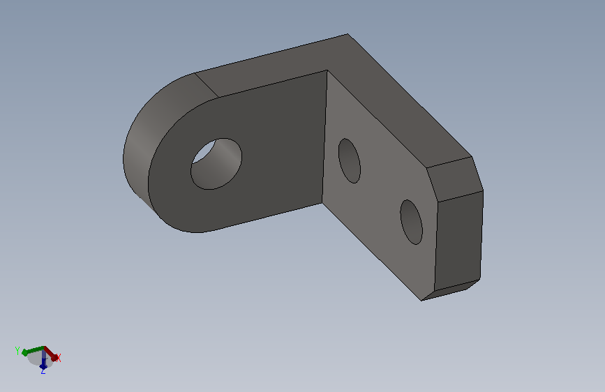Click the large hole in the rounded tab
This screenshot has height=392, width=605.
coord(216,164)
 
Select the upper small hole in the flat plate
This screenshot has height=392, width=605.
coord(350,161)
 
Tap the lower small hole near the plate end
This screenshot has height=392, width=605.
coord(411,222)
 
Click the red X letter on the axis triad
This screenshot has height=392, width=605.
coord(59,358)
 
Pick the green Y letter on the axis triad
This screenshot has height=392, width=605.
coord(17,351)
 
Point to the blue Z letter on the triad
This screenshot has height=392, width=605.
coord(43,371)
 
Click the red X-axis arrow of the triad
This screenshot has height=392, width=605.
coord(50,354)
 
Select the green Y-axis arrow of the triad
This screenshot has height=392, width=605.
coord(33,350)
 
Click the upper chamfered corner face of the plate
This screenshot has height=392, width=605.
coord(455,179)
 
